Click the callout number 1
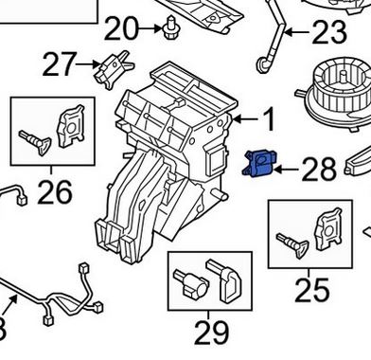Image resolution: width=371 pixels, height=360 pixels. tap(268, 120)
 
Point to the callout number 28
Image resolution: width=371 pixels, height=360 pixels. tap(318, 170)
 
